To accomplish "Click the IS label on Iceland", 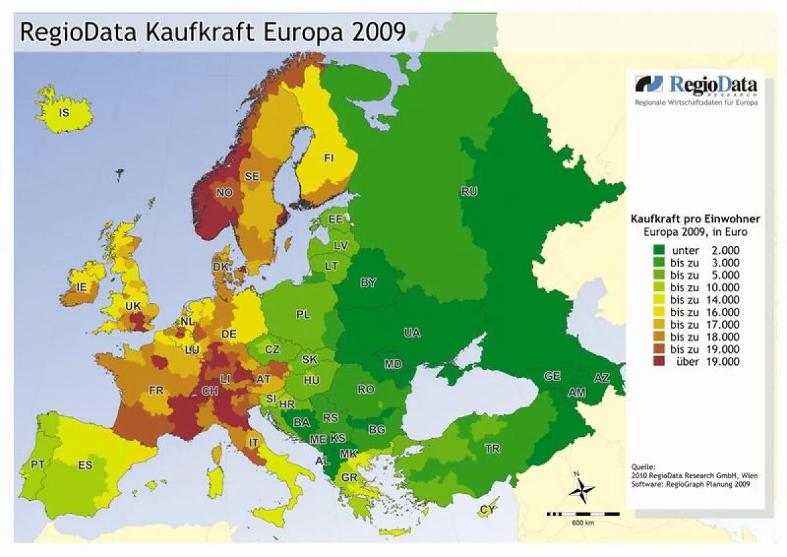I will click(64, 113).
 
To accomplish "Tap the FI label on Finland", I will click(329, 158).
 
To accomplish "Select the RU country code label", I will click(469, 192).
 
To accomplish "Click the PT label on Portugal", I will click(38, 464).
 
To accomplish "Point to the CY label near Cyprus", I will click(487, 509).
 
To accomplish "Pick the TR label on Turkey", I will click(492, 449).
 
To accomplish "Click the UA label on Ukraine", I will click(412, 333).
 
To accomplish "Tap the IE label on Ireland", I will click(81, 287).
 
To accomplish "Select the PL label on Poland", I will click(303, 315).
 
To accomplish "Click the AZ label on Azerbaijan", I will click(601, 379).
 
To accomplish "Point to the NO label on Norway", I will click(224, 192).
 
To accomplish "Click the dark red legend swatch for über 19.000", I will click(658, 361).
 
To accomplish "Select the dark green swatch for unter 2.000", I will click(658, 250).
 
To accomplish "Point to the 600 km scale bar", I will click(582, 513).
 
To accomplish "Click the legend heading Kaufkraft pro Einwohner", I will click(695, 219).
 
